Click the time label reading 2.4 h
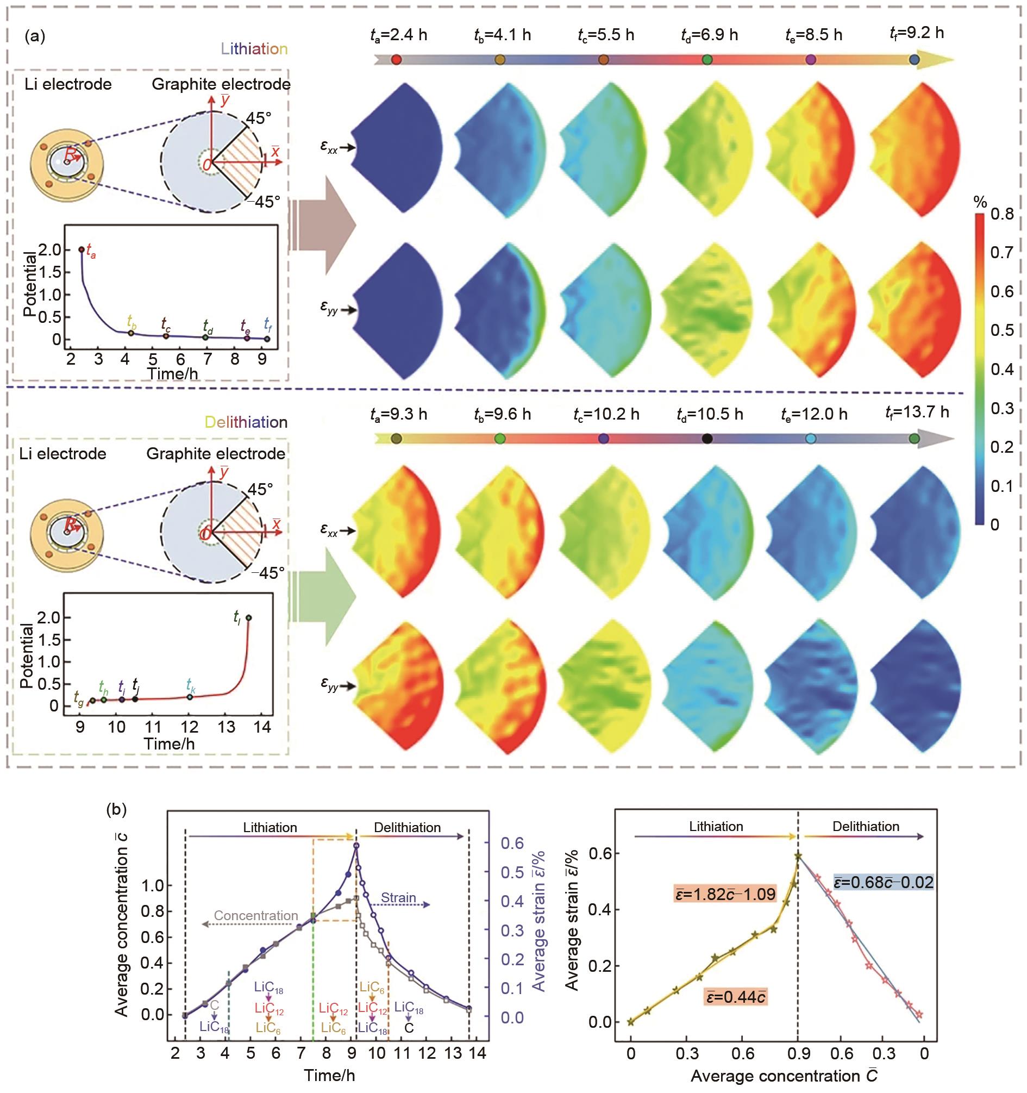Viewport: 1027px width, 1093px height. click(398, 35)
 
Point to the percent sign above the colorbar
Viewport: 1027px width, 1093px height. click(980, 202)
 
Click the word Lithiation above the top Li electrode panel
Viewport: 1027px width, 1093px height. click(254, 49)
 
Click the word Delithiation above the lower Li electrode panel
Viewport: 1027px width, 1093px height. click(246, 422)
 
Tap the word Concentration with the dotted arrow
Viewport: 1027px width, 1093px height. click(255, 916)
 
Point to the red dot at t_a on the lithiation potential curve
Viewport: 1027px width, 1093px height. click(82, 249)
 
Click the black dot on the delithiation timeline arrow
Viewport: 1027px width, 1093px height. click(707, 439)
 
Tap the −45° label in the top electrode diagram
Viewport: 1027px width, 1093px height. click(263, 202)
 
